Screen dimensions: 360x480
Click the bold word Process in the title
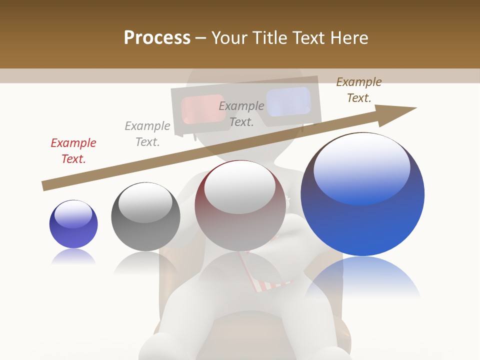[157, 38]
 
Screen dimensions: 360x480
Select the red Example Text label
[73, 151]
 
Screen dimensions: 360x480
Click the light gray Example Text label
[147, 134]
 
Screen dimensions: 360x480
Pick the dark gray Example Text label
[241, 114]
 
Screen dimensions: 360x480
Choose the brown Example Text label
[359, 90]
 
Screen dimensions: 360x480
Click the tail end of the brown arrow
[44, 186]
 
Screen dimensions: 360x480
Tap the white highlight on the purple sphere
[73, 214]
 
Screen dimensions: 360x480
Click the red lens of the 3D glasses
[203, 108]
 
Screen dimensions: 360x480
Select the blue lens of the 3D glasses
[288, 101]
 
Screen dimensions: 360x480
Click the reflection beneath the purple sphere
[73, 256]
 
